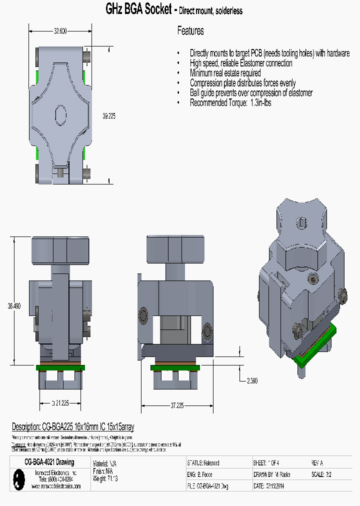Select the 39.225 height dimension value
(x=108, y=116)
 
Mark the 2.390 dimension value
(x=252, y=381)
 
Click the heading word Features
(x=190, y=31)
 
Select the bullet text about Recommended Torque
(x=230, y=102)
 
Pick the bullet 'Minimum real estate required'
(x=225, y=73)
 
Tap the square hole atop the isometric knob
(x=302, y=223)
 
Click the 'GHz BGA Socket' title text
(x=138, y=9)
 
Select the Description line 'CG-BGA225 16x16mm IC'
(x=73, y=426)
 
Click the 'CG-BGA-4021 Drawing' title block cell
(x=49, y=462)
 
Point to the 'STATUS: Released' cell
(x=203, y=463)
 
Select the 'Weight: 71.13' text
(x=105, y=478)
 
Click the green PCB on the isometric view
(x=315, y=344)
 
